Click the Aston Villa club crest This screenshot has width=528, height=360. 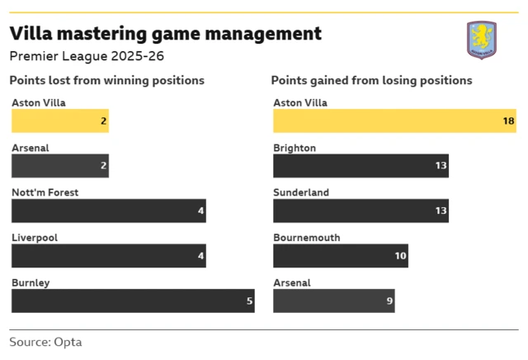point(481,40)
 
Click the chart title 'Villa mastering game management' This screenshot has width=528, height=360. point(165,34)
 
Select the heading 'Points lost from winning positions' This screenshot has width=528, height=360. point(106,81)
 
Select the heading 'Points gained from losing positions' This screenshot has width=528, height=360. point(371,81)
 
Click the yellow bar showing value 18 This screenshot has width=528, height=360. point(394,121)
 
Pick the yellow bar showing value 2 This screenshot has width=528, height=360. point(59,121)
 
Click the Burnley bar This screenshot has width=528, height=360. point(133,301)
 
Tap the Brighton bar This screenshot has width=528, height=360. point(361,166)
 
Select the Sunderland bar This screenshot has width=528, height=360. point(361,211)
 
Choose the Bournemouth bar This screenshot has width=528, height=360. point(341,256)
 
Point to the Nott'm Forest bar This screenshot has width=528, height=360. point(108,211)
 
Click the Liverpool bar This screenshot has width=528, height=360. point(108,256)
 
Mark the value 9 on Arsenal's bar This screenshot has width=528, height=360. point(389,301)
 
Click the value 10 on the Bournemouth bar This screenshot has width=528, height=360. point(400,256)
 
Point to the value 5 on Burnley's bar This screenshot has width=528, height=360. point(249,301)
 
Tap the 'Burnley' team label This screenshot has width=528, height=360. point(31,282)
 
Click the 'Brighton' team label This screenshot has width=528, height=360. point(295,148)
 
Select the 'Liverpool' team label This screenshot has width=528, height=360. point(34,238)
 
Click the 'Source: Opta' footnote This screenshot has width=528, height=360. point(45,342)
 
